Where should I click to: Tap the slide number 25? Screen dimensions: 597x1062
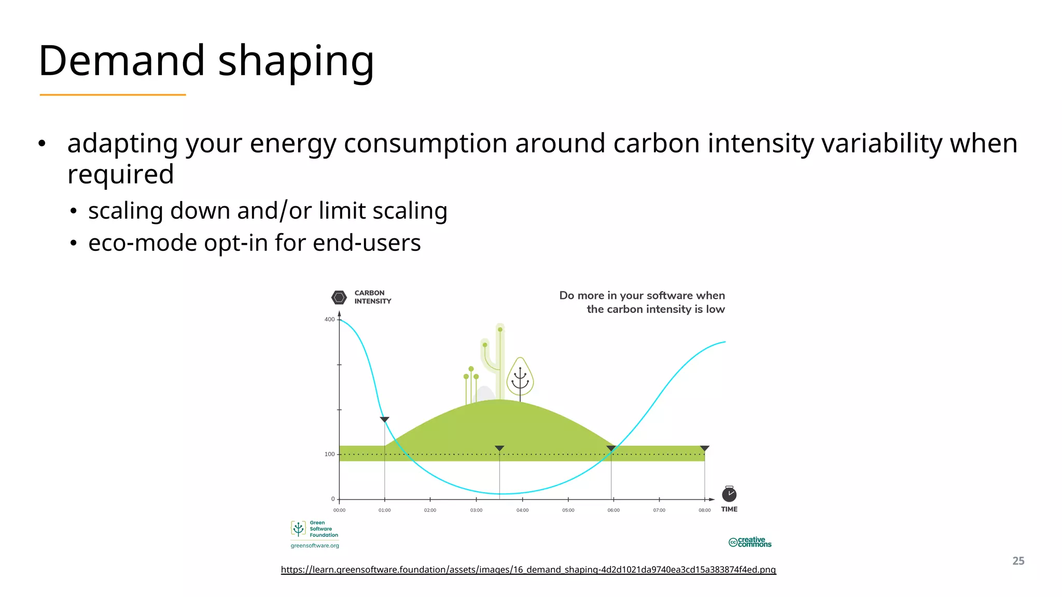click(x=1018, y=561)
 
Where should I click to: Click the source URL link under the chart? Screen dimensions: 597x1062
click(x=528, y=570)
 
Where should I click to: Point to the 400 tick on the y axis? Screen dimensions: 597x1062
click(x=330, y=319)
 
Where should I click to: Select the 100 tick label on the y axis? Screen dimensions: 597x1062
click(x=330, y=454)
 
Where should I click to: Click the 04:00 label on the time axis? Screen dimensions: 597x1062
click(x=522, y=510)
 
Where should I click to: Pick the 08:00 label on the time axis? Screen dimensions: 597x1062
click(x=704, y=510)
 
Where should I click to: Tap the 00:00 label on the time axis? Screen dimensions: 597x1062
click(x=339, y=510)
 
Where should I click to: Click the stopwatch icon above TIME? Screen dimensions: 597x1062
click(x=729, y=494)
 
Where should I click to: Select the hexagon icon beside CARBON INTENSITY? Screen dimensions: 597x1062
click(x=339, y=297)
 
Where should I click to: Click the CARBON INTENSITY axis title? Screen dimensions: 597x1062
click(x=372, y=297)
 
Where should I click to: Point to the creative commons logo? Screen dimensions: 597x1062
click(x=750, y=542)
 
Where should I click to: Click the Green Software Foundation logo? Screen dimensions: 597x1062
click(x=314, y=529)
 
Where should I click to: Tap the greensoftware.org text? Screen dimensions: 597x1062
click(x=315, y=546)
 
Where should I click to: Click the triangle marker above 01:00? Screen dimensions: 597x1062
click(x=384, y=419)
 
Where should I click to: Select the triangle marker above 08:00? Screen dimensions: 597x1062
click(x=704, y=448)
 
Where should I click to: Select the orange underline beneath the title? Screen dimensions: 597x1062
click(x=113, y=95)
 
